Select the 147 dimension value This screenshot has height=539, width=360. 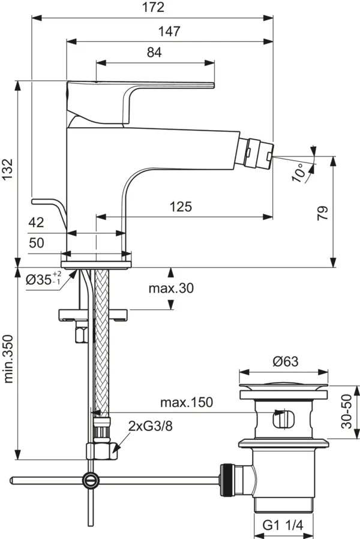pos(170,31)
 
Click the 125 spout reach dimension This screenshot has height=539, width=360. pos(181,207)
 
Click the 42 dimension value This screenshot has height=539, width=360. pos(36,222)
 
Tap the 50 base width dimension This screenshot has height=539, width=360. pos(36,243)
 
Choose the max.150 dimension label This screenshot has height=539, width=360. pos(186,402)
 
